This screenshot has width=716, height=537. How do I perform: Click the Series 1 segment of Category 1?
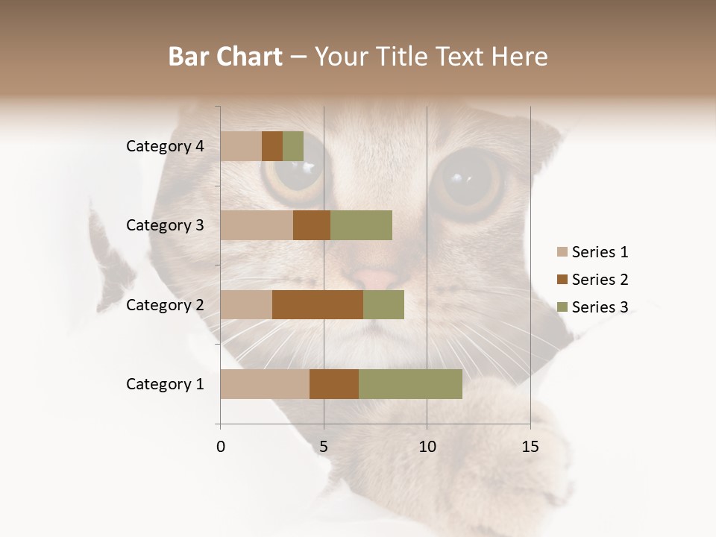(265, 384)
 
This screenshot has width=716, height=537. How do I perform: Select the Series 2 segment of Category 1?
(334, 384)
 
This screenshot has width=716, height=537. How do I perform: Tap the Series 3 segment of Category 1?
(410, 384)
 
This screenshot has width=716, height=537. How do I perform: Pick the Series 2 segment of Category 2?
(318, 304)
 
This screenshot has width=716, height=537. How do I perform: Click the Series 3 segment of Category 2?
(383, 304)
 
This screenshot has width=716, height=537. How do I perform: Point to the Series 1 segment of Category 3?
(257, 225)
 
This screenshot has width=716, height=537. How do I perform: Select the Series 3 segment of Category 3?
(361, 225)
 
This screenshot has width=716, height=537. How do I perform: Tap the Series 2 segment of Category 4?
(272, 146)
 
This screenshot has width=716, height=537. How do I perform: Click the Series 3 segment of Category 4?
(293, 146)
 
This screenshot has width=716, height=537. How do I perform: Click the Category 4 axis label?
(165, 146)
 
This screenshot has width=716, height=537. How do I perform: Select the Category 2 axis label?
(165, 304)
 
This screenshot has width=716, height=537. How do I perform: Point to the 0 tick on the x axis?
(221, 447)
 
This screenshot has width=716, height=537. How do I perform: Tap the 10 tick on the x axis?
(427, 447)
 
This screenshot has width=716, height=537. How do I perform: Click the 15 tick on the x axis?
(530, 447)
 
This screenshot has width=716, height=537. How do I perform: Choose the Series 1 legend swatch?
(562, 252)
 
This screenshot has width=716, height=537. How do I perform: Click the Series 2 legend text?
(600, 280)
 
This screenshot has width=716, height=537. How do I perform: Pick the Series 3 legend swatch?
(562, 307)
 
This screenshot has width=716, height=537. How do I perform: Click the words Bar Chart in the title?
(225, 57)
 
